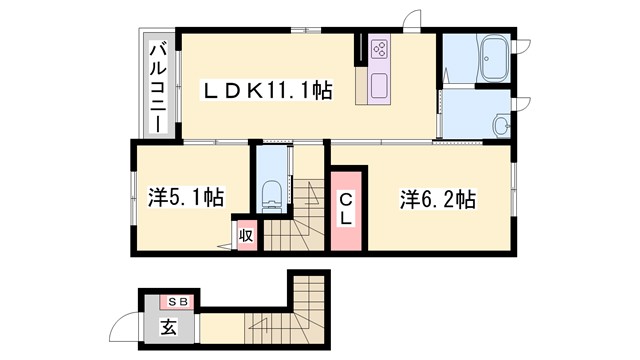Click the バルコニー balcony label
click(158, 86)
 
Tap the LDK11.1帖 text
click(268, 91)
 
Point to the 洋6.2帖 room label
click(436, 198)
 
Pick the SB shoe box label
click(177, 301)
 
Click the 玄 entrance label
click(167, 326)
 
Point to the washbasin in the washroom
click(501, 125)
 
